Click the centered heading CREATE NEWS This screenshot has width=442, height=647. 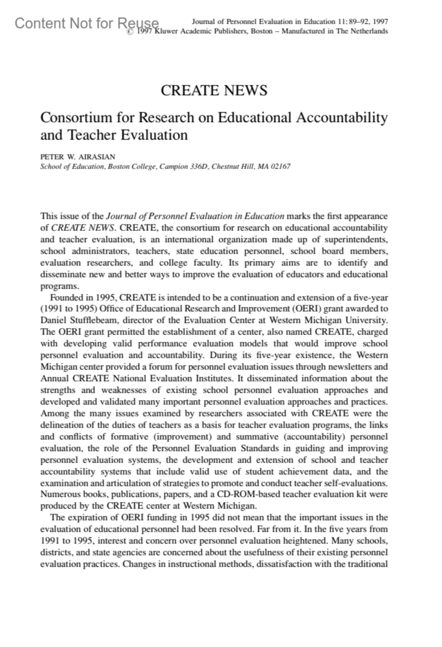click(x=214, y=91)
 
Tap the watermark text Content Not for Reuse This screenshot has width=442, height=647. click(x=87, y=23)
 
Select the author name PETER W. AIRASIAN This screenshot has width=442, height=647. click(x=78, y=157)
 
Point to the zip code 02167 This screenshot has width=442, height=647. click(x=281, y=166)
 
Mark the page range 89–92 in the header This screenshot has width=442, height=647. click(x=359, y=22)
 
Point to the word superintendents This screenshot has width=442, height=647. click(x=356, y=240)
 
